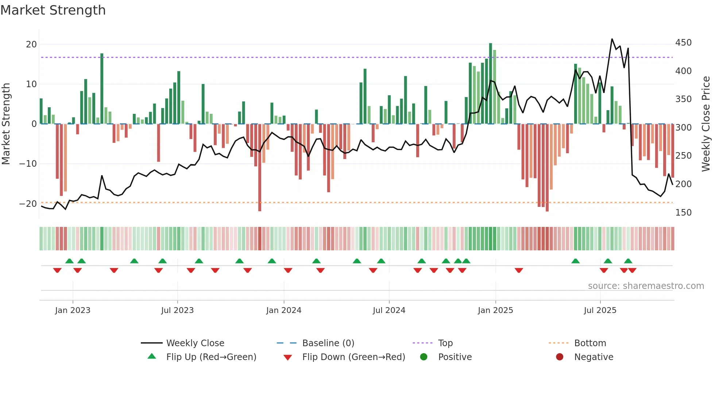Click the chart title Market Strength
click(53, 10)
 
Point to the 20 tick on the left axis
click(31, 45)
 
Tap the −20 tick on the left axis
click(28, 204)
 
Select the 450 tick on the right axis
click(683, 43)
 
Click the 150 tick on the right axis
click(683, 212)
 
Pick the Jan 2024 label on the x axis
click(283, 310)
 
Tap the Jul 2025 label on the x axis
click(600, 310)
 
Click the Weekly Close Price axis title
click(706, 124)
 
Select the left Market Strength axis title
click(6, 124)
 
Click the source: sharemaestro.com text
click(646, 286)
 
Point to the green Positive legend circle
click(424, 357)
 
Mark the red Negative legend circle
click(560, 357)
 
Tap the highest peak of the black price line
click(612, 39)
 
